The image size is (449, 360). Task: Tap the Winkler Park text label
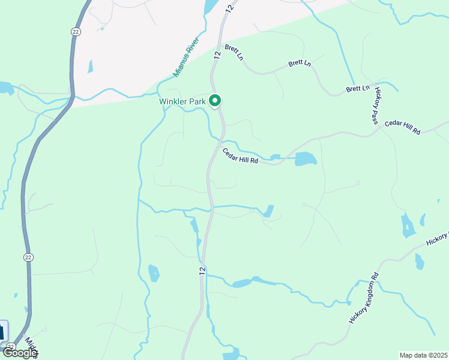coord(182,101)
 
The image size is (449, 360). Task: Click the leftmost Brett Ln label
coord(234,52)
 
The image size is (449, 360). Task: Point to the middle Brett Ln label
coord(300,62)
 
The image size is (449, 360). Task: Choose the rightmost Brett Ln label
coord(358,88)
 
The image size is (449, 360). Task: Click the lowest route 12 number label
coord(203,271)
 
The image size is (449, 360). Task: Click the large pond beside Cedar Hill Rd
coord(305,158)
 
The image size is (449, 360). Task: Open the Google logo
coord(20,353)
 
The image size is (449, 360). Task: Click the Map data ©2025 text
coord(423,355)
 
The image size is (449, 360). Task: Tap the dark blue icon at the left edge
coord(3,331)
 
